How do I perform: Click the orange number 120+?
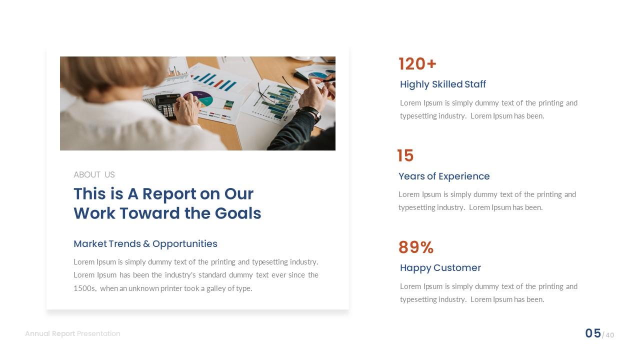click(417, 64)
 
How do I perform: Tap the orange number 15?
click(405, 155)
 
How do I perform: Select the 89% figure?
click(415, 247)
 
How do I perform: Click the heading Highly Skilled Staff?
click(442, 84)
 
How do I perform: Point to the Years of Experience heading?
click(444, 176)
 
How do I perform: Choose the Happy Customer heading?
click(440, 268)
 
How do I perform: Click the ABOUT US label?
click(94, 174)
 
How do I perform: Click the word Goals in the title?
click(238, 213)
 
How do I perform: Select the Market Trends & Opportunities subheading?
click(145, 244)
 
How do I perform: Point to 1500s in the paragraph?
click(84, 288)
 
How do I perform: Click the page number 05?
click(593, 333)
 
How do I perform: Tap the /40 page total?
click(608, 335)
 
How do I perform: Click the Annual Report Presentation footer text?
click(72, 333)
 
